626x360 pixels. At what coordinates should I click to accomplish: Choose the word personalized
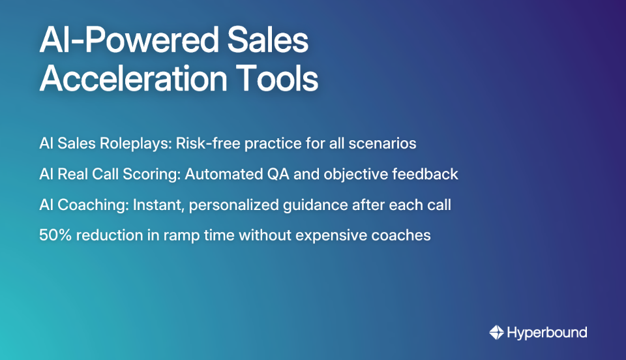pyautogui.click(x=235, y=205)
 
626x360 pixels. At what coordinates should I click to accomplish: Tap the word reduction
pyautogui.click(x=108, y=235)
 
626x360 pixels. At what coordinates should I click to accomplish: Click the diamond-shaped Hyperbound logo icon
pyautogui.click(x=496, y=333)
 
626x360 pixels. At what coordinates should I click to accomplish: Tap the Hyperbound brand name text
pyautogui.click(x=546, y=333)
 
